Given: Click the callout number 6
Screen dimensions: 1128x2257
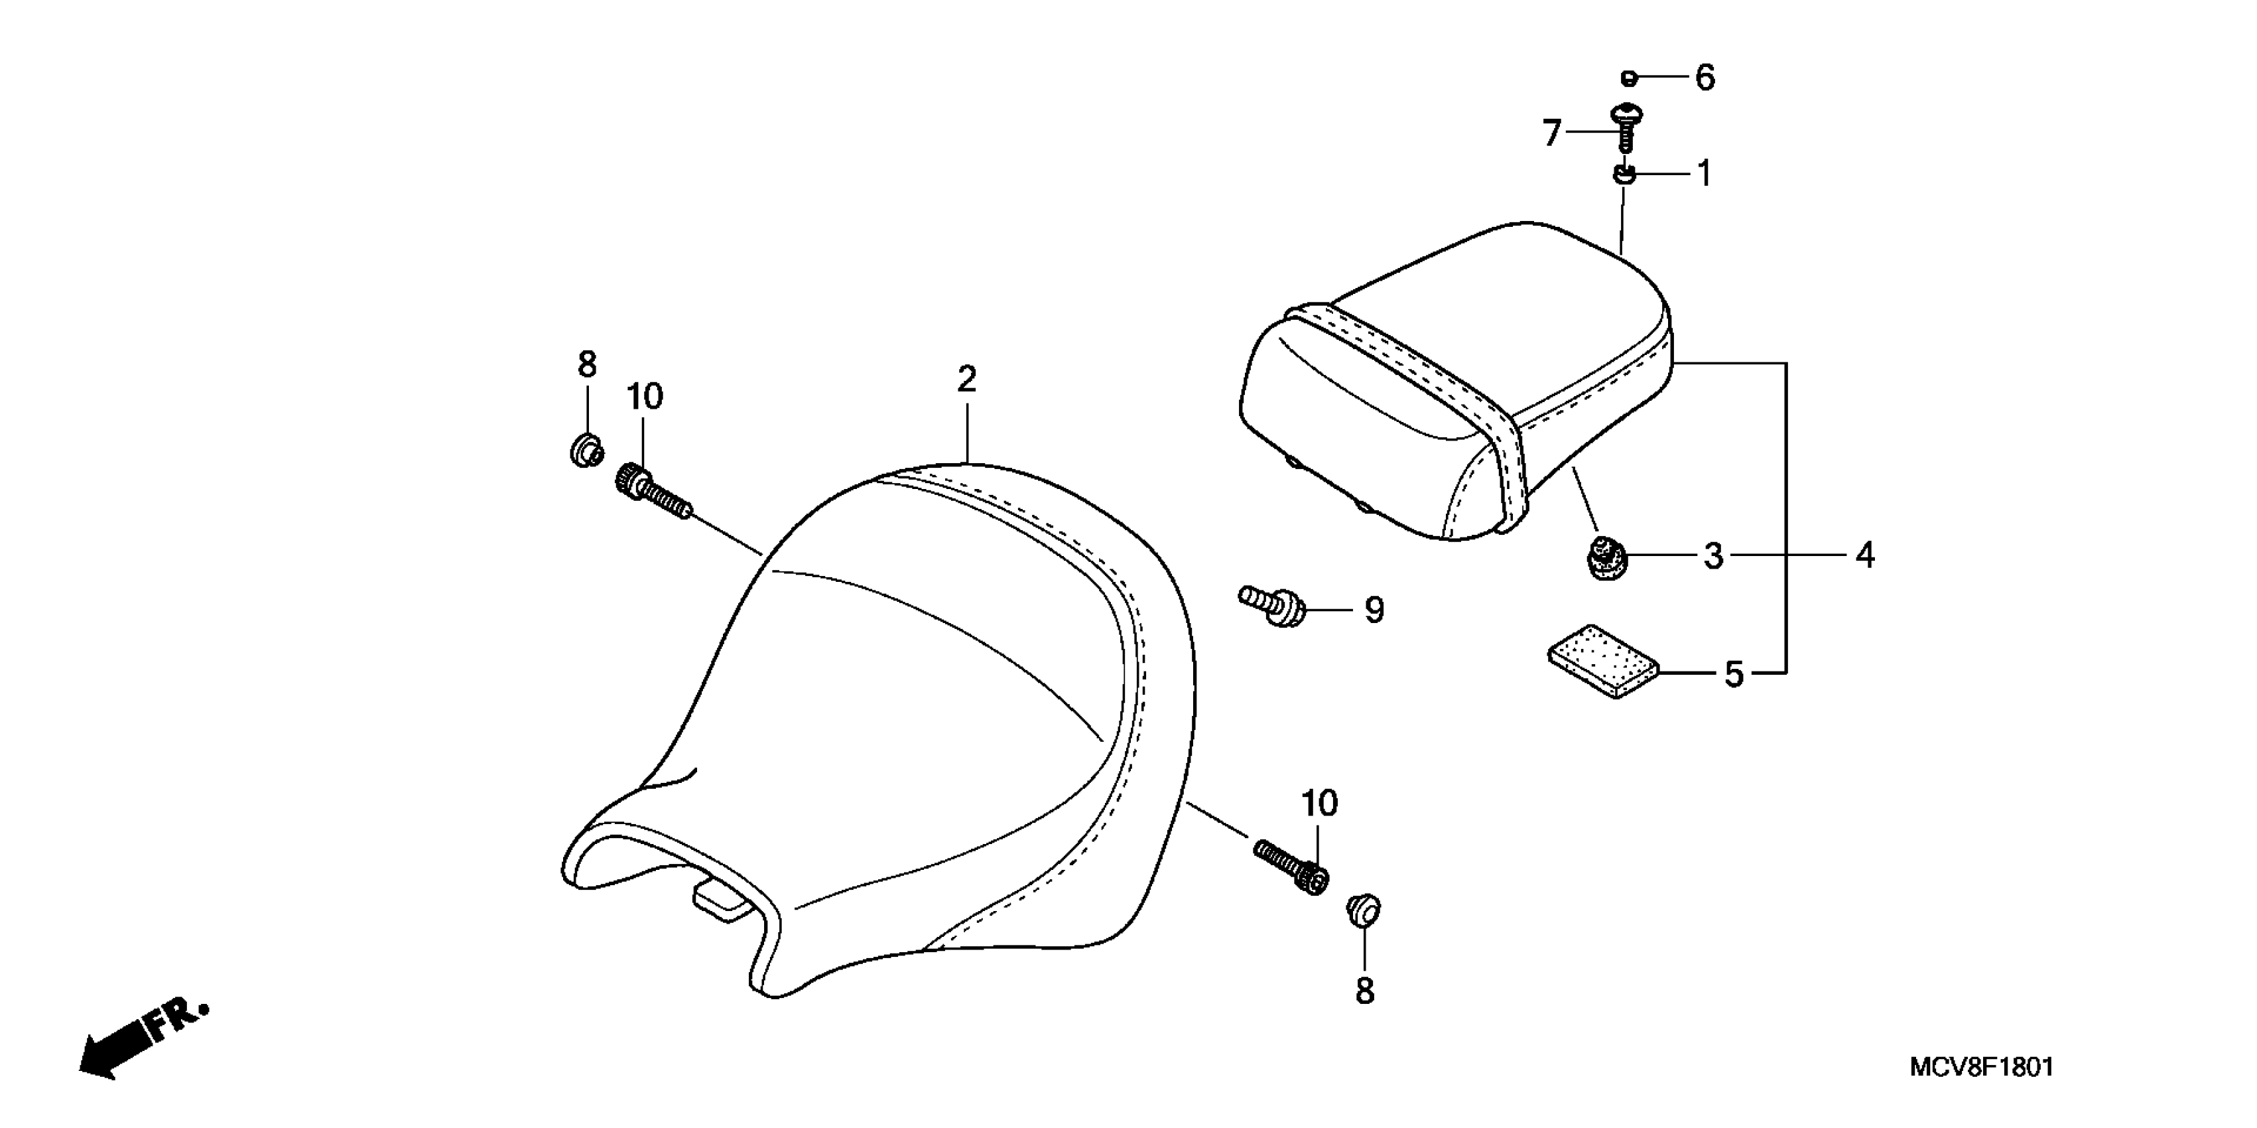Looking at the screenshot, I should click(x=1704, y=78).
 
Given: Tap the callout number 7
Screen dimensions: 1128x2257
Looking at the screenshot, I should click(x=1552, y=133).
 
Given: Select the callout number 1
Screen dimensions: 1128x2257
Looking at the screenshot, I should click(x=1704, y=174).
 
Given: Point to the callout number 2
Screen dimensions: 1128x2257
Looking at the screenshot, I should click(x=966, y=380).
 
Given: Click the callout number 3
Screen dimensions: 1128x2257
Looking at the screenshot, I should click(x=1713, y=555).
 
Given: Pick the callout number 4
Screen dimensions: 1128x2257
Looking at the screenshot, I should click(x=1865, y=555).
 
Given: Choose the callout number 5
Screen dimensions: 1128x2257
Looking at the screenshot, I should click(x=1734, y=674).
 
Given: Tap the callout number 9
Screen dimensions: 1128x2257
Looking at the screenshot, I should click(x=1374, y=610).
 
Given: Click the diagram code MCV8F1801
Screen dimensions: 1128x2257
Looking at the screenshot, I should click(x=1981, y=1067).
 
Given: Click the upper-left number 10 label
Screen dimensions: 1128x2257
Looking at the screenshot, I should click(x=644, y=397).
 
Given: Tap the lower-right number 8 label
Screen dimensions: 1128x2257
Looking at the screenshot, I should click(x=1364, y=991).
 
